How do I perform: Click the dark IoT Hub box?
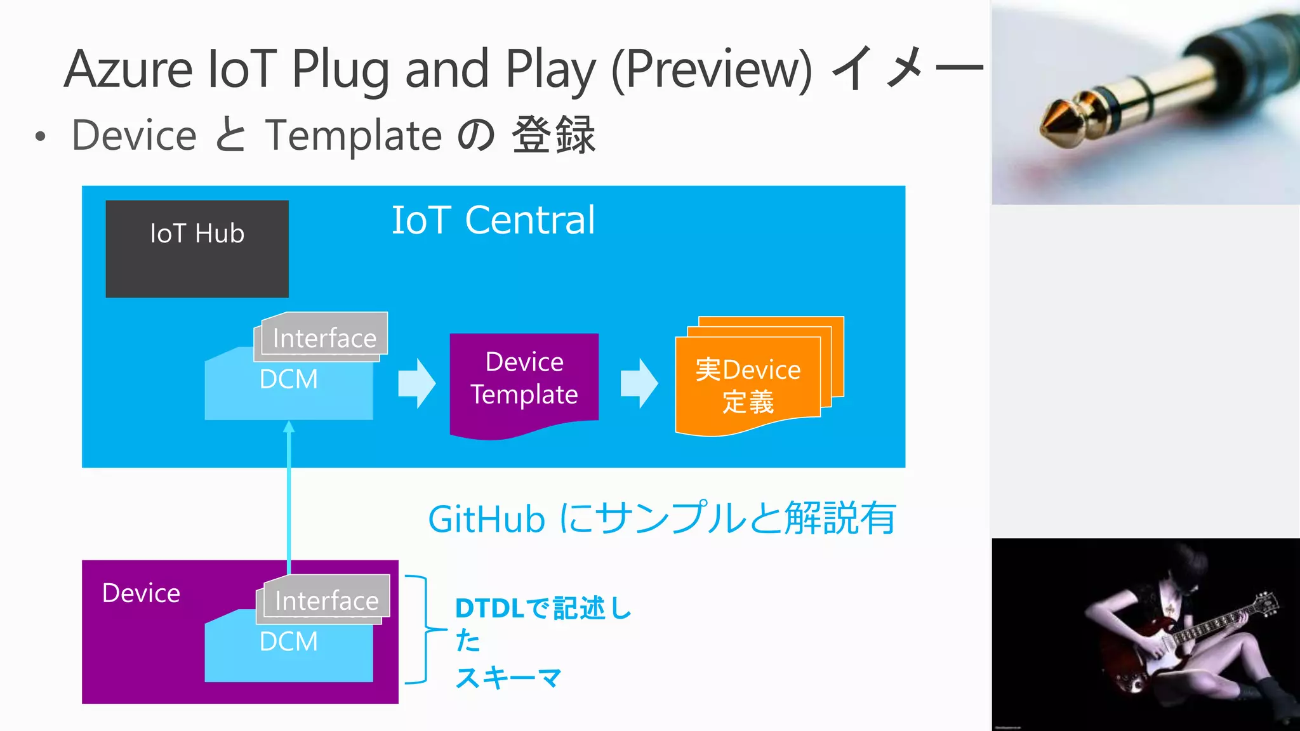pyautogui.click(x=197, y=249)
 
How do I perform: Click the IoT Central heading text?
pyautogui.click(x=493, y=220)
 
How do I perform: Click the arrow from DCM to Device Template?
pyautogui.click(x=416, y=383)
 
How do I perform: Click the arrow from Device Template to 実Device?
pyautogui.click(x=639, y=383)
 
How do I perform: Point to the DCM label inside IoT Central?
pyautogui.click(x=288, y=379)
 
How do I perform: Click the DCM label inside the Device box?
pyautogui.click(x=288, y=642)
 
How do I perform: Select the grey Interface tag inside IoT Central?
pyautogui.click(x=324, y=337)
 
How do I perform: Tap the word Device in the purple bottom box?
pyautogui.click(x=141, y=593)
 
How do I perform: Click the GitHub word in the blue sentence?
pyautogui.click(x=486, y=520)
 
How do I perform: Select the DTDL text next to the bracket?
pyautogui.click(x=489, y=609)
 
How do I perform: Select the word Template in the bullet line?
pyautogui.click(x=353, y=135)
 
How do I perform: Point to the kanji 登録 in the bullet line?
pyautogui.click(x=554, y=135)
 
